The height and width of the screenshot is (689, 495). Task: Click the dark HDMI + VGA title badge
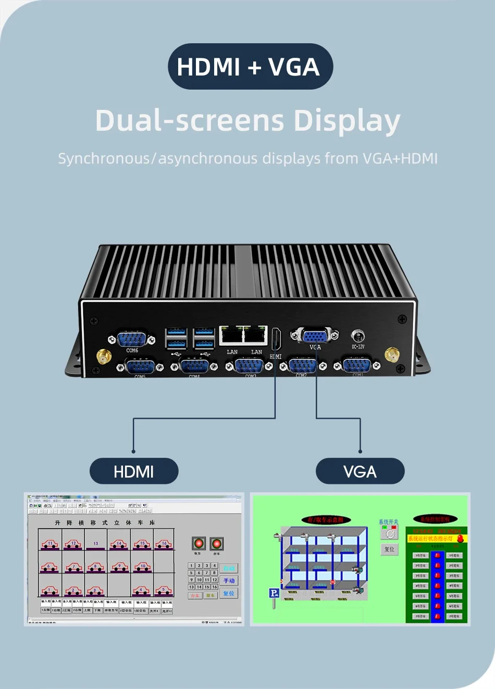tap(250, 67)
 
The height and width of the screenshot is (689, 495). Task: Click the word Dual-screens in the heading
tap(190, 121)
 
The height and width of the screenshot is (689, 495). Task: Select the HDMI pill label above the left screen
tap(134, 471)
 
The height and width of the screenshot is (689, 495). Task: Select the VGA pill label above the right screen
tap(360, 471)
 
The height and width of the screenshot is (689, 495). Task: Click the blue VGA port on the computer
tap(315, 336)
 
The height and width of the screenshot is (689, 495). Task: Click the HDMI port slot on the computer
tap(276, 340)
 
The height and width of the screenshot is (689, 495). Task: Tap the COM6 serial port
tap(132, 339)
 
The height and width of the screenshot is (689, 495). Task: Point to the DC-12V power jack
tap(358, 336)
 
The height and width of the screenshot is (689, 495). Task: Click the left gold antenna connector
tap(104, 357)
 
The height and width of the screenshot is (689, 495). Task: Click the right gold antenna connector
tap(392, 355)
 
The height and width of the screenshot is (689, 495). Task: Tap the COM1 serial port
tap(357, 366)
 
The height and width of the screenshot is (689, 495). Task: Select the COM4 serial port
tap(194, 366)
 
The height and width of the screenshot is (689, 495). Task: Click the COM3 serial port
tap(249, 366)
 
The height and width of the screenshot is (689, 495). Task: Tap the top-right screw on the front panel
tap(402, 319)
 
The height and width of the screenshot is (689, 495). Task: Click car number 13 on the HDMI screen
tap(96, 543)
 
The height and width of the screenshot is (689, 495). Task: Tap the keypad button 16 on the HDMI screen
tap(215, 587)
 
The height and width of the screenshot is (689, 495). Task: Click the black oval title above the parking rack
tap(326, 520)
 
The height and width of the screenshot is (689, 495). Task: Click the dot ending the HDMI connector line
tap(133, 451)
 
